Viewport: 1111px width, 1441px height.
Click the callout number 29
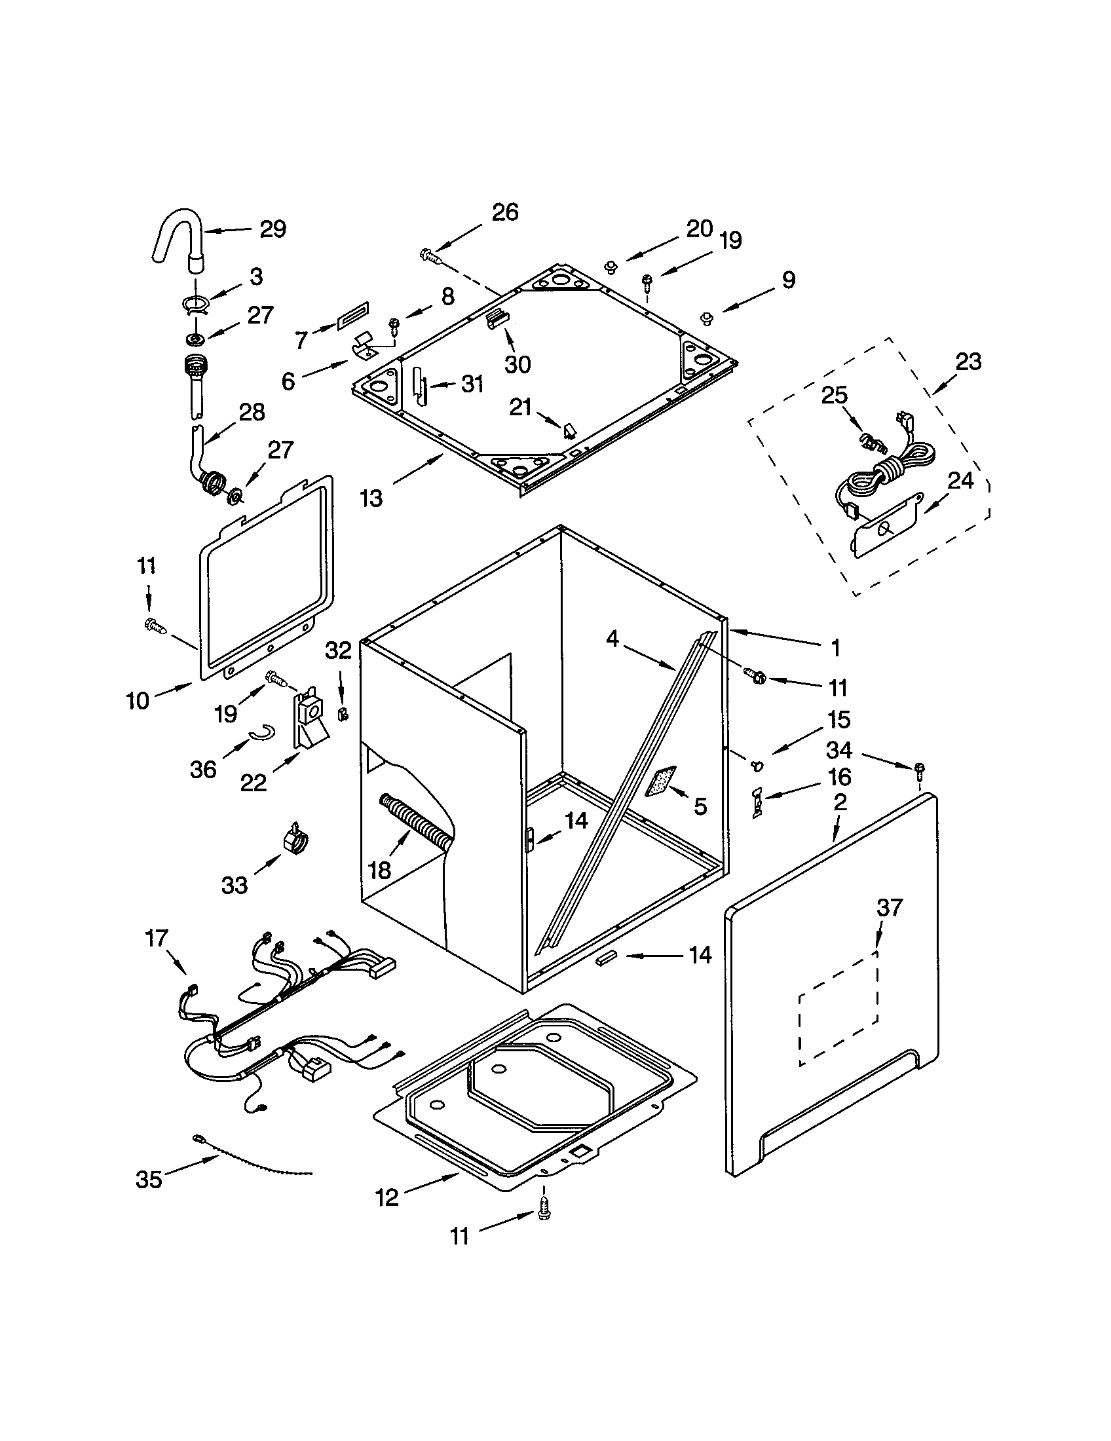tap(273, 229)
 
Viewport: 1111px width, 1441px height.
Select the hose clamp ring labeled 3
tap(196, 304)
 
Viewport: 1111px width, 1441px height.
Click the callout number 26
tap(504, 212)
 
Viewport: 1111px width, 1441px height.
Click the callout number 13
tap(371, 498)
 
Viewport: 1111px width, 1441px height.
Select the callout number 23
tap(968, 362)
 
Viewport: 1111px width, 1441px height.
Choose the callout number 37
tap(889, 907)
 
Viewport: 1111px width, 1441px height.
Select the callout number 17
tap(157, 937)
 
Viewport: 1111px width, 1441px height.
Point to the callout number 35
tap(149, 1179)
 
